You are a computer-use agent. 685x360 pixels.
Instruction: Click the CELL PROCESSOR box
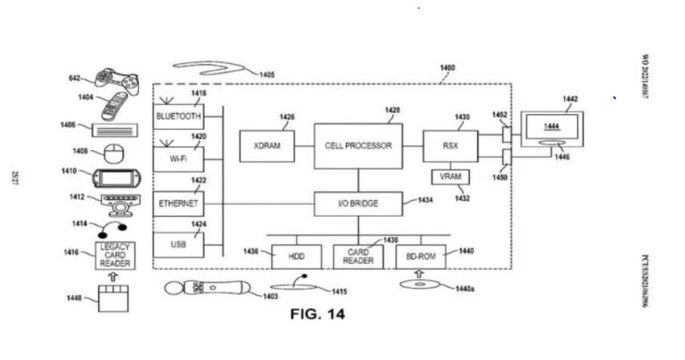click(358, 146)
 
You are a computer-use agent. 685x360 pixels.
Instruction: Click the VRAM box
click(450, 177)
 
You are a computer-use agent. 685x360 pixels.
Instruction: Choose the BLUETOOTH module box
click(178, 116)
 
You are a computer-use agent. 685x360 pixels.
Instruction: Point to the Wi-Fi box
click(178, 159)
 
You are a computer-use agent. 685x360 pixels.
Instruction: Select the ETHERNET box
click(178, 204)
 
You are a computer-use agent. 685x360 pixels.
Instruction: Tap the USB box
click(178, 245)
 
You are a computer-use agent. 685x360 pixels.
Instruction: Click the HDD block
click(295, 257)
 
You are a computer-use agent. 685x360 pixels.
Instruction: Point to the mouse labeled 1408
click(114, 153)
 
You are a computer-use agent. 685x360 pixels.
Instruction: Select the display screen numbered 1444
click(553, 126)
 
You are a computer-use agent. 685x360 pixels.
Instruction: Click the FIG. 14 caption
click(317, 314)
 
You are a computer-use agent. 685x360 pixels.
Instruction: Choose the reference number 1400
click(446, 68)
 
